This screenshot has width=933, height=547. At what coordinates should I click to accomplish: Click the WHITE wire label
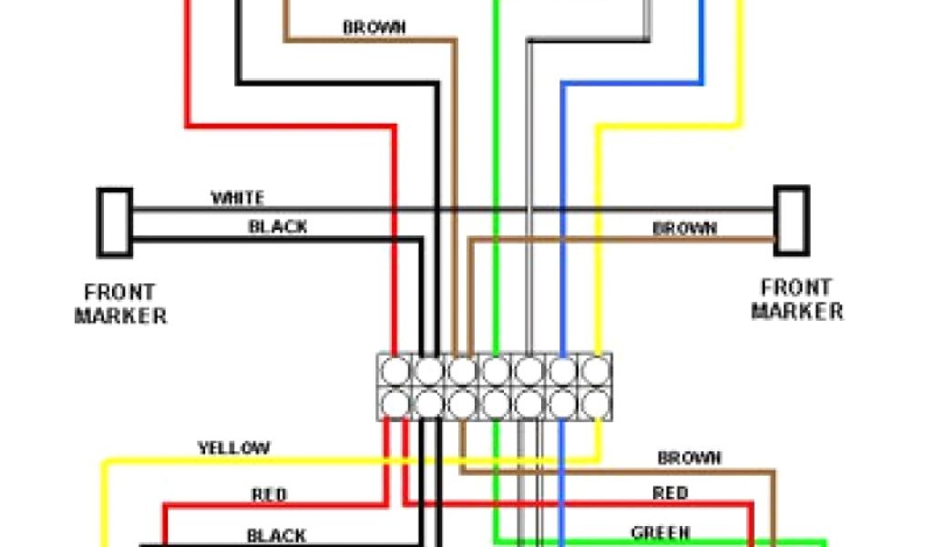238,198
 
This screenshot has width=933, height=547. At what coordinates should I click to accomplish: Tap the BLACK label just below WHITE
278,227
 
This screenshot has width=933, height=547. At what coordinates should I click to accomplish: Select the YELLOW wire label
234,449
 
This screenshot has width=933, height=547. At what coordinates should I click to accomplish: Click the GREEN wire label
661,532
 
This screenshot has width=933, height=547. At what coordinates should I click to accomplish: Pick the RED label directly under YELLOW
269,495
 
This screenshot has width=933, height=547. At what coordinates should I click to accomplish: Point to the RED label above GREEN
670,493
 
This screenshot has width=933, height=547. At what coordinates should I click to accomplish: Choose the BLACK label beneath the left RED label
276,535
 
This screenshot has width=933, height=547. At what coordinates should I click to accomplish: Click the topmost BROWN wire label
374,28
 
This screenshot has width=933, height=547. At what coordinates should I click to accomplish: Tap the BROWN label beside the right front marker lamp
685,229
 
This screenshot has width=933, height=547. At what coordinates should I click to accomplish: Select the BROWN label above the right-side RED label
690,458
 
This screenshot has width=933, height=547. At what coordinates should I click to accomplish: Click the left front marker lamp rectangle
115,222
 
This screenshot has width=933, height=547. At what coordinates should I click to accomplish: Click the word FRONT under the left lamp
119,294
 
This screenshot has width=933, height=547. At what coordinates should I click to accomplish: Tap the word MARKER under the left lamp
120,316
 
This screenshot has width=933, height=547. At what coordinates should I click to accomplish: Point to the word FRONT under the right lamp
792,287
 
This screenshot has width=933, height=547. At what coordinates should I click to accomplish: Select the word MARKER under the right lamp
797,311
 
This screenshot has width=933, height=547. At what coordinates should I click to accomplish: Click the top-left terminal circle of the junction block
396,370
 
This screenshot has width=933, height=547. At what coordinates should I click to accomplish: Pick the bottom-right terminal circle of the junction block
594,402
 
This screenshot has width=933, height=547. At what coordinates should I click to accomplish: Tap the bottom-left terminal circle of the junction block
396,402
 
